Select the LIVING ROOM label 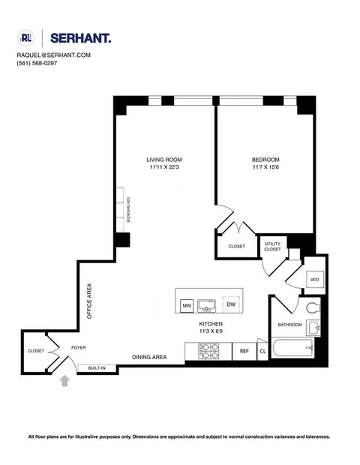pyautogui.click(x=163, y=160)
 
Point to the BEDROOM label pyautogui.click(x=265, y=160)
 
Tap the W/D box pyautogui.click(x=315, y=281)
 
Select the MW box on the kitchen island pyautogui.click(x=187, y=305)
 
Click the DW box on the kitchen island pyautogui.click(x=231, y=304)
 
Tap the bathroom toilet pyautogui.click(x=313, y=305)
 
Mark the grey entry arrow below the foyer pyautogui.click(x=65, y=382)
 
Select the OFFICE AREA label pyautogui.click(x=89, y=302)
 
